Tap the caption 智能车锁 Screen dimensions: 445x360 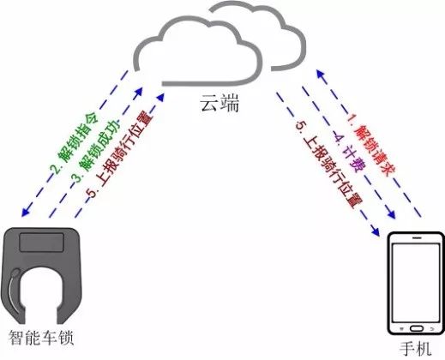(41, 338)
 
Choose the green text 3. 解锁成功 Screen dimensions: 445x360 (96, 151)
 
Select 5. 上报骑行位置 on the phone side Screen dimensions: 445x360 (328, 165)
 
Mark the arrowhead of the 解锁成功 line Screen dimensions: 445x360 (138, 92)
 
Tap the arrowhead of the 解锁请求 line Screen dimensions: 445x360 (320, 74)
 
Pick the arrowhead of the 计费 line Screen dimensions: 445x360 (391, 214)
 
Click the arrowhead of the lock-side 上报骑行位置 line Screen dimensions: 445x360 (160, 97)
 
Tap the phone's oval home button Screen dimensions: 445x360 (416, 328)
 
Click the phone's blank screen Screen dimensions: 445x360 (416, 282)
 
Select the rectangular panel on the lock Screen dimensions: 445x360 (41, 243)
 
